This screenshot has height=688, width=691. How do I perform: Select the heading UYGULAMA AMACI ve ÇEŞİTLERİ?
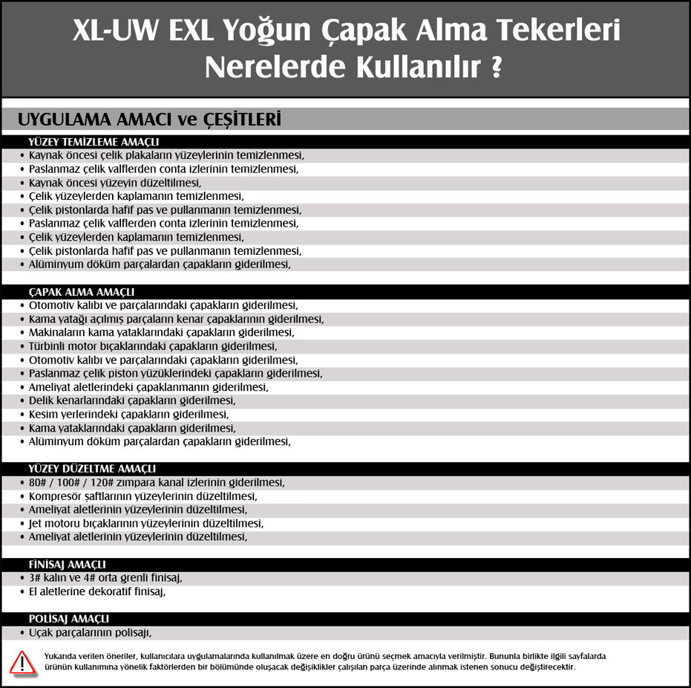[148, 120]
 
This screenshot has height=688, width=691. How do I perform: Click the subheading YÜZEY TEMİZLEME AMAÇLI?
[94, 142]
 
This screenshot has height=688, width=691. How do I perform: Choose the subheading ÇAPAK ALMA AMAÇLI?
[82, 292]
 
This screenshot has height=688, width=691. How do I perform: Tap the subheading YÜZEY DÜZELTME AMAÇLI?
[92, 468]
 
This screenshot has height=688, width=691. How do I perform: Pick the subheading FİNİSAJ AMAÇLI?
[67, 564]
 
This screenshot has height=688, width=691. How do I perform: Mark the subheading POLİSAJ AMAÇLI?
[69, 618]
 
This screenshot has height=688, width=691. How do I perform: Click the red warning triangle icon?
[22, 662]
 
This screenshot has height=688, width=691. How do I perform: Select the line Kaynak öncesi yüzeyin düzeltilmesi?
[114, 182]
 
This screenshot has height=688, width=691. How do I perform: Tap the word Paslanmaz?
[54, 373]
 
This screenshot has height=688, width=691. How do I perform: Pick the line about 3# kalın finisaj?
[105, 577]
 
